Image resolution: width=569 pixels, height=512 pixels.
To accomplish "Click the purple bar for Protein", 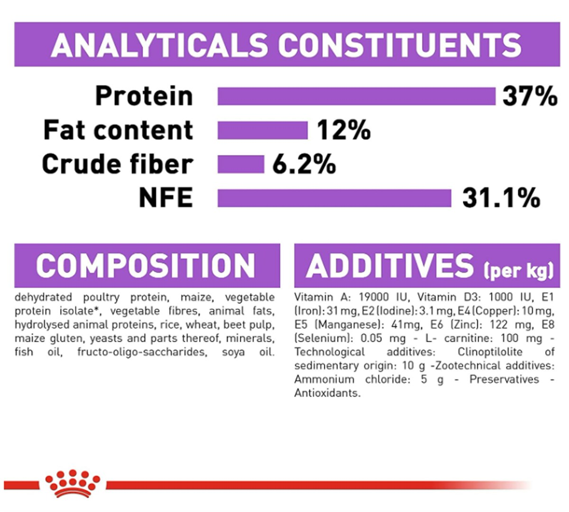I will pyautogui.click(x=356, y=96).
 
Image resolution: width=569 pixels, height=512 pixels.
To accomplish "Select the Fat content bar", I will pyautogui.click(x=262, y=130).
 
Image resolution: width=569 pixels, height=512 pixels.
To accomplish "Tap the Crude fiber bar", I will pyautogui.click(x=240, y=165).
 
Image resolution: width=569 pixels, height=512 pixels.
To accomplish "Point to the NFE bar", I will pyautogui.click(x=334, y=198).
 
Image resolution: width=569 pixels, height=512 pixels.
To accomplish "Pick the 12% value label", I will pyautogui.click(x=344, y=130).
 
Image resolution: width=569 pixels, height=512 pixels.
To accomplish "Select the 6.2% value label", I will pyautogui.click(x=304, y=165).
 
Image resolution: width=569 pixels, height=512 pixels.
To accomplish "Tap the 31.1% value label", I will pyautogui.click(x=501, y=198).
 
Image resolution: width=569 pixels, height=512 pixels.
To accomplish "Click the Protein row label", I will pyautogui.click(x=144, y=96).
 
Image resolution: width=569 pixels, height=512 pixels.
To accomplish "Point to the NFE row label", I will pyautogui.click(x=166, y=198).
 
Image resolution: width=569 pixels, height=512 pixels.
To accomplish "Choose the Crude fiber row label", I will pyautogui.click(x=118, y=165).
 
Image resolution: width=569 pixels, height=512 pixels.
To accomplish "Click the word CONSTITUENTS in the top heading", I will pyautogui.click(x=400, y=45).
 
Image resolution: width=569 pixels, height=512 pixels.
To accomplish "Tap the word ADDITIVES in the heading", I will pyautogui.click(x=390, y=266).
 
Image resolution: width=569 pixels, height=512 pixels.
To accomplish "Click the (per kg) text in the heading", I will pyautogui.click(x=518, y=270).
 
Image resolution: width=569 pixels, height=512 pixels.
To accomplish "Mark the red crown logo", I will pyautogui.click(x=73, y=483).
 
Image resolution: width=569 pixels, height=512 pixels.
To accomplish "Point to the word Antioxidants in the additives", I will pyautogui.click(x=327, y=393).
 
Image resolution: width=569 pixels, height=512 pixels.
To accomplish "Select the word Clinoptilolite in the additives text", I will pyautogui.click(x=490, y=352).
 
